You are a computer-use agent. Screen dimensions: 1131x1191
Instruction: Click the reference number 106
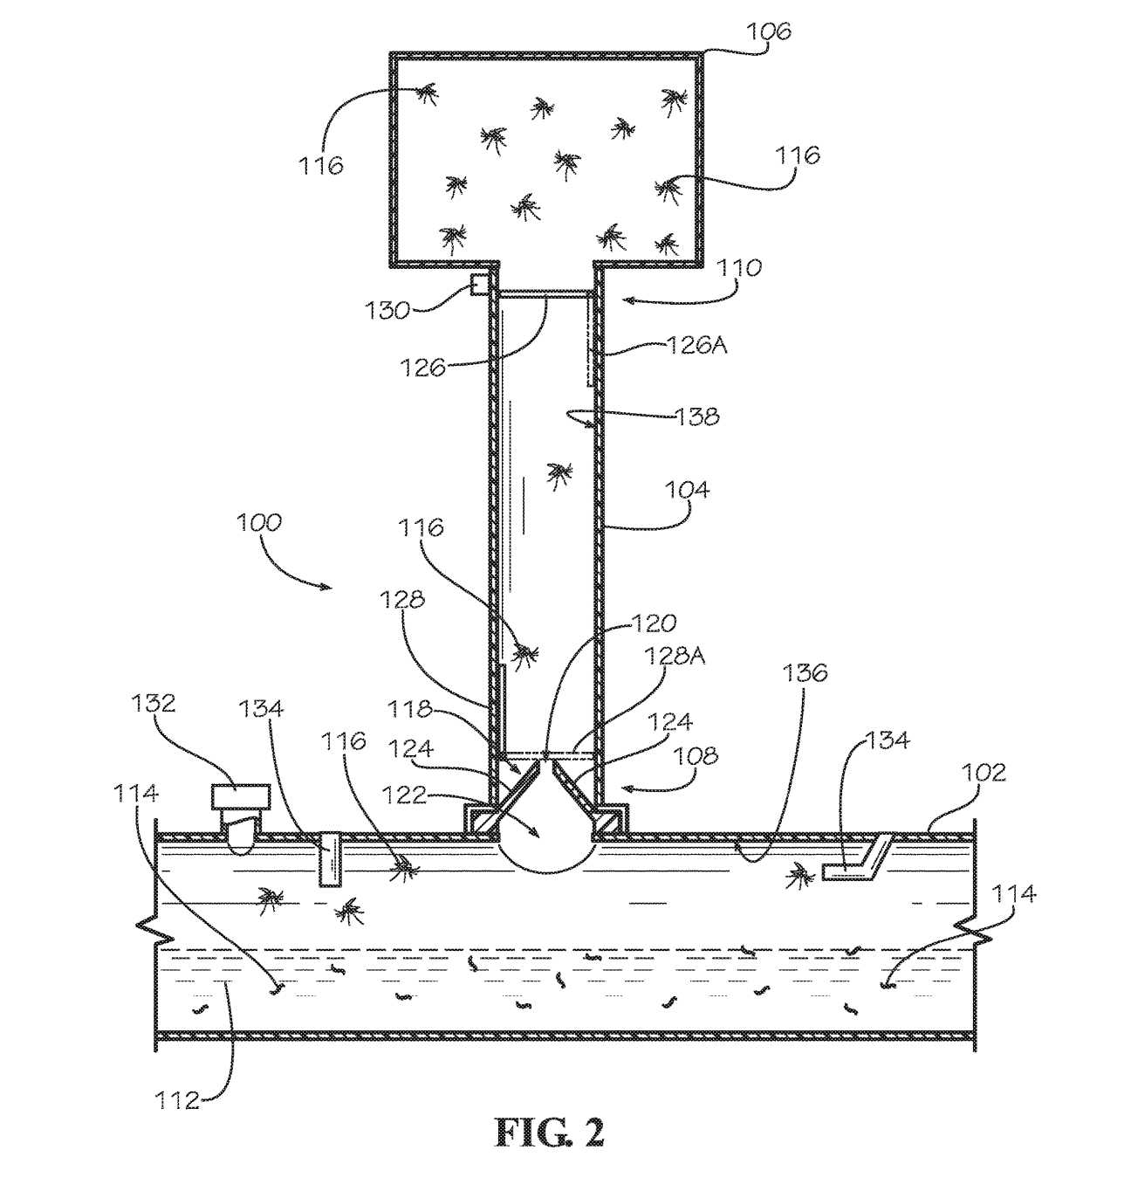(x=768, y=31)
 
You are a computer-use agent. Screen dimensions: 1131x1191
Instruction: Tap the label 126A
(x=697, y=345)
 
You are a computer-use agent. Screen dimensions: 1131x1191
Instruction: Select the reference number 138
(x=697, y=417)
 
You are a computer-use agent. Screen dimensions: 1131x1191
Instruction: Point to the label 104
(x=687, y=489)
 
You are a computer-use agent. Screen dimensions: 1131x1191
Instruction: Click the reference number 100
(x=259, y=521)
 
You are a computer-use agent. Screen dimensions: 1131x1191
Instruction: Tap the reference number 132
(x=154, y=703)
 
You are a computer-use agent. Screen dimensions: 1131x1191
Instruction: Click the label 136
(x=805, y=671)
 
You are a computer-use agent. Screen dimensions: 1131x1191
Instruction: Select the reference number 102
(x=984, y=772)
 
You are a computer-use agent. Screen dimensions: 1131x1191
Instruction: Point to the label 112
(x=177, y=1100)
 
